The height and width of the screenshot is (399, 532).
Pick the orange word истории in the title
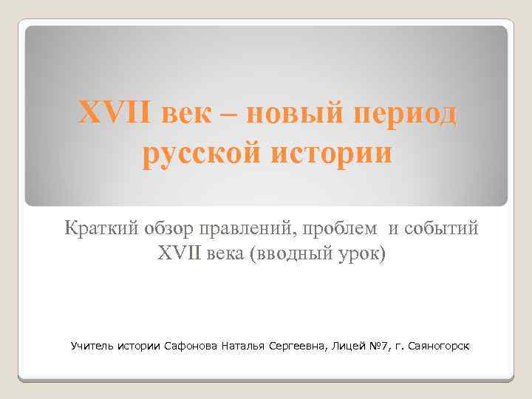(334, 156)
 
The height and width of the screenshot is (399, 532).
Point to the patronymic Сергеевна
(303, 345)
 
